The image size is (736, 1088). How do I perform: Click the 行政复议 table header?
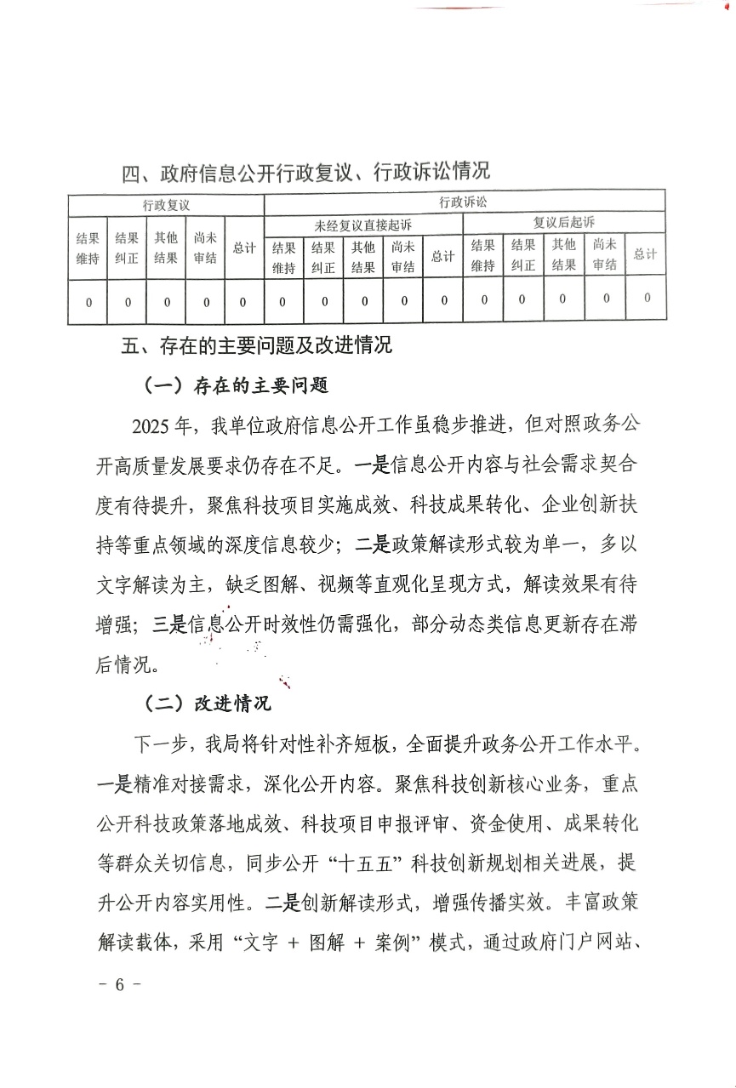166,205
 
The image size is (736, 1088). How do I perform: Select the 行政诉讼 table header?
464,202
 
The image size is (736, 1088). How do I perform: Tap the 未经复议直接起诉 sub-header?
362,225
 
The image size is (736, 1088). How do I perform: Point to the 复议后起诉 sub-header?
563,223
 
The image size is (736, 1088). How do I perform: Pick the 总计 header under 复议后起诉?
645,253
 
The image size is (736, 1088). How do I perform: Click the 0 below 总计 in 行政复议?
243,302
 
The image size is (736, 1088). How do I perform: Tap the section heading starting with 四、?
306,173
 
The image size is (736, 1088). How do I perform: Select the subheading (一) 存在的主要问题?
236,385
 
